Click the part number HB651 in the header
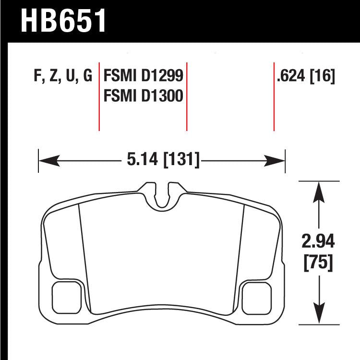[63, 20]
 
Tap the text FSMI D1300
[144, 96]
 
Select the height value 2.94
[319, 241]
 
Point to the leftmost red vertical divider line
[99, 96]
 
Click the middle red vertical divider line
[186, 96]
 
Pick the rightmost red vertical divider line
[274, 96]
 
